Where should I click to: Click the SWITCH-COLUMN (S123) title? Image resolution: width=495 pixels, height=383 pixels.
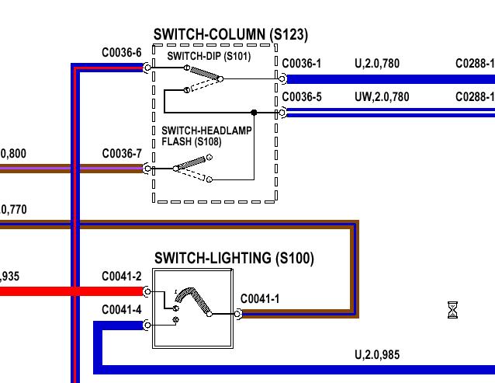230,35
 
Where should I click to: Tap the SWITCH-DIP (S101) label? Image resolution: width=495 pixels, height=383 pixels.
209,56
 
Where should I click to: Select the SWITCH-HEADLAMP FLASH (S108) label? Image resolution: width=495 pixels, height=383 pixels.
206,136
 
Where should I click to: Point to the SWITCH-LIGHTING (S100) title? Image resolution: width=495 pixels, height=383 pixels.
234,258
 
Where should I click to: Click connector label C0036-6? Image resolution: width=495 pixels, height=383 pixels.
122,53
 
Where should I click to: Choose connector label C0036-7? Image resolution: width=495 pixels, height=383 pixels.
122,154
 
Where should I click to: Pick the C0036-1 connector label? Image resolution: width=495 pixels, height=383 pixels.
302,64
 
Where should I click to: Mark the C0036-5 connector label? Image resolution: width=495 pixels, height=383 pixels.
302,97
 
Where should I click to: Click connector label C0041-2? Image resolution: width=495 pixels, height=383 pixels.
122,277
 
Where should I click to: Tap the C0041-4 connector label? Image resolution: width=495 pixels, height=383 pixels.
122,310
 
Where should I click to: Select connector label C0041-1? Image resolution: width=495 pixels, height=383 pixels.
261,299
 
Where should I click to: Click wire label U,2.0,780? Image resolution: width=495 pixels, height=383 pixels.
377,64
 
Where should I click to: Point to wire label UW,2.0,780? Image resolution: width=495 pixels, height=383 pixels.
382,97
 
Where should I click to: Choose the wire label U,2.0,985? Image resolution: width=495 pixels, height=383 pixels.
377,355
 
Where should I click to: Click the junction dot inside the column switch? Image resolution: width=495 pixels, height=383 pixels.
254,113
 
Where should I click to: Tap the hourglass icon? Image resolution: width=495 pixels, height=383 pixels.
453,311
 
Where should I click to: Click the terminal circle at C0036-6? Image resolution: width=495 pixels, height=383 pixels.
147,68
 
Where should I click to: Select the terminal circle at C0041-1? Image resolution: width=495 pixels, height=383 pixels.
238,314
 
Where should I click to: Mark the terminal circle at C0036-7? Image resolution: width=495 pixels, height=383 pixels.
147,168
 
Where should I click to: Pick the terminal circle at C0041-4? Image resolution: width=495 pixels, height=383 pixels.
147,325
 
